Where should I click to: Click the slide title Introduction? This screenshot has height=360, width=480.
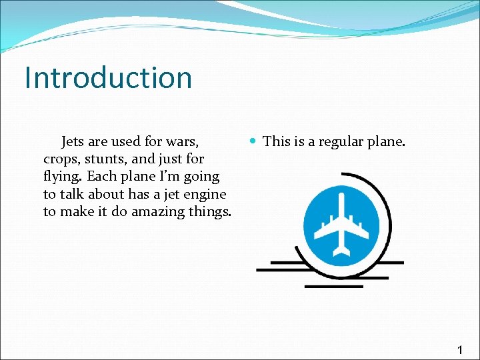tap(108, 77)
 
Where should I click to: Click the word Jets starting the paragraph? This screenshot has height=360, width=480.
tap(73, 141)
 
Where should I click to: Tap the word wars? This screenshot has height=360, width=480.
tap(183, 141)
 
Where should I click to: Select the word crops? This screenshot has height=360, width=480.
tap(61, 159)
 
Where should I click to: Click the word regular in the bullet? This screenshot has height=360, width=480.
tap(334, 141)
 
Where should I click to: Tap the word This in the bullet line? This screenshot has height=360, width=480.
tap(276, 141)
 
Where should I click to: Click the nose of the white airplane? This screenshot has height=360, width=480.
tap(341, 198)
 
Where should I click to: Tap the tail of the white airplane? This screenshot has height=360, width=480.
tap(341, 251)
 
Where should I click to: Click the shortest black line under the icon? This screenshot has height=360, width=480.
tap(333, 287)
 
